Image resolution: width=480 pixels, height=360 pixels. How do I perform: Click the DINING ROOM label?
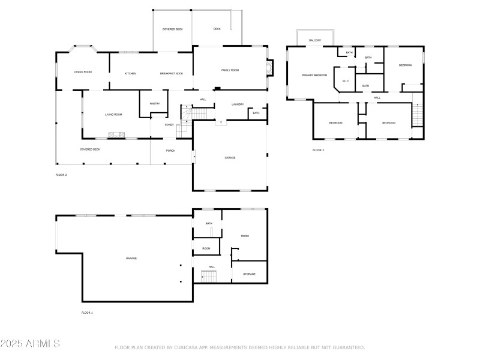[83, 73]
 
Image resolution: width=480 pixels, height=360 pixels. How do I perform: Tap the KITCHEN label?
[130, 73]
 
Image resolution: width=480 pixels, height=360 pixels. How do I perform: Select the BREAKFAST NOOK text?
[172, 73]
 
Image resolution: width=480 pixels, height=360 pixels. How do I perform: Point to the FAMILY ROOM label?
[230, 70]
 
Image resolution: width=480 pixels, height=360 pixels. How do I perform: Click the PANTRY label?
[155, 103]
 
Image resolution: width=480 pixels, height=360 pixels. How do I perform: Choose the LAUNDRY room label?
[238, 104]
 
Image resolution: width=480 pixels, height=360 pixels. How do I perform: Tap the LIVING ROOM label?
[113, 114]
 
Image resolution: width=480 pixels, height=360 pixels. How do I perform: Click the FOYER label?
[170, 125]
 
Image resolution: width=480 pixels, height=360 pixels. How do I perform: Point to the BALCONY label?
[315, 40]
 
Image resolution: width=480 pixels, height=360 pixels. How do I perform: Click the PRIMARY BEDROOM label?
[314, 76]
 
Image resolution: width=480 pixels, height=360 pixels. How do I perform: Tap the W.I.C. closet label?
[346, 81]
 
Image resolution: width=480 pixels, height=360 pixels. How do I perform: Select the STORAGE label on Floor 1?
[249, 274]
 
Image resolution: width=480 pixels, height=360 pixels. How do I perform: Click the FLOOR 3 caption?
[318, 150]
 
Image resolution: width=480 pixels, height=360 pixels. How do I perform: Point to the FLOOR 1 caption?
[87, 313]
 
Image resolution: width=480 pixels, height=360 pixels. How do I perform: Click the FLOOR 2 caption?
[61, 175]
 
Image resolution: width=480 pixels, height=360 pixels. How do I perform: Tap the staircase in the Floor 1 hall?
[208, 277]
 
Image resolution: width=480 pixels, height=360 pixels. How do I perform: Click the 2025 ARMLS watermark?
[30, 344]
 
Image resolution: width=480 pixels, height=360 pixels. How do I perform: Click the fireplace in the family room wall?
[271, 67]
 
